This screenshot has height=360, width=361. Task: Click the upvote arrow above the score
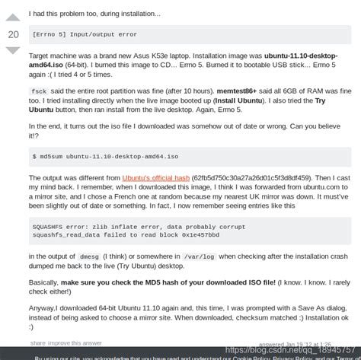pyautogui.click(x=13, y=18)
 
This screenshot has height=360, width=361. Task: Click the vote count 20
pyautogui.click(x=13, y=34)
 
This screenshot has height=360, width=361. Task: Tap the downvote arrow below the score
pyautogui.click(x=13, y=51)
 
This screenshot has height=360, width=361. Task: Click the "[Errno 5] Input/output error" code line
pyautogui.click(x=85, y=33)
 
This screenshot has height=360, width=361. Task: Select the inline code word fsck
pyautogui.click(x=39, y=91)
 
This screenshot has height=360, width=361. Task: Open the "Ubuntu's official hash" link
pyautogui.click(x=156, y=177)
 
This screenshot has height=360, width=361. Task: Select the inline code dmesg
pyautogui.click(x=90, y=256)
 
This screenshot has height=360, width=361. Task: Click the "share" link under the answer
pyautogui.click(x=38, y=343)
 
